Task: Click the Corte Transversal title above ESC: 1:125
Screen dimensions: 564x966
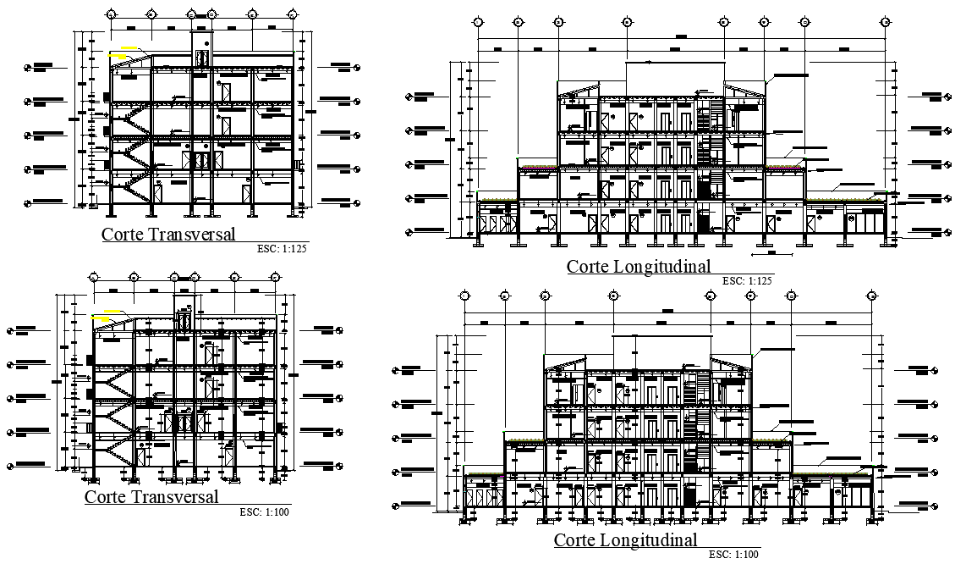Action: tap(168, 234)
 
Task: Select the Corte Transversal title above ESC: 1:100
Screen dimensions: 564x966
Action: tap(151, 497)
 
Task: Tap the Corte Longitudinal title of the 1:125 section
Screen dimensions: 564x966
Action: tap(638, 267)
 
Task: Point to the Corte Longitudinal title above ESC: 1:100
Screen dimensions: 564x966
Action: tap(626, 540)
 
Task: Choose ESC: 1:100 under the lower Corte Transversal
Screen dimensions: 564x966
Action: tap(264, 512)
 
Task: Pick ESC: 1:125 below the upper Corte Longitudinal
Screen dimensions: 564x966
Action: tap(748, 280)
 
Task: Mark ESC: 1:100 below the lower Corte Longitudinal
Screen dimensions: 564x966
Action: tap(734, 554)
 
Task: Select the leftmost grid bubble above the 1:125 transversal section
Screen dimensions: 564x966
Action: tap(112, 14)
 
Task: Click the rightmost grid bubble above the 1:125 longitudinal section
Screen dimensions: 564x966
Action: tap(885, 23)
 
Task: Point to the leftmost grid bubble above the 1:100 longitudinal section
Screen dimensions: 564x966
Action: tap(464, 296)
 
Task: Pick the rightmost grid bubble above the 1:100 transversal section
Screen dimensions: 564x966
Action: tap(275, 277)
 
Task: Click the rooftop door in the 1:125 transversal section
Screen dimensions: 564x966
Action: tap(202, 58)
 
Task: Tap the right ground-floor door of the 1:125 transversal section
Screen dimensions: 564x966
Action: tap(247, 191)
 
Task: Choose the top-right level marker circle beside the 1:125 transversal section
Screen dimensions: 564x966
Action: tap(357, 65)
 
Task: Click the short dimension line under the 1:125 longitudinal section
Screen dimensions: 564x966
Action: tap(765, 252)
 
